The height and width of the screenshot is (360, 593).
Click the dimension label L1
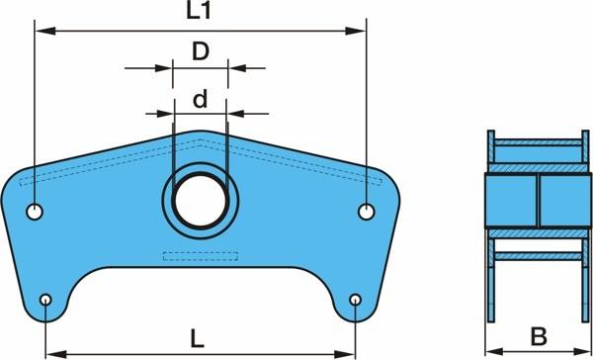[199, 11]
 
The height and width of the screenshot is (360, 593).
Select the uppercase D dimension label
[201, 51]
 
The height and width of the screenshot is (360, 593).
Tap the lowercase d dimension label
[200, 99]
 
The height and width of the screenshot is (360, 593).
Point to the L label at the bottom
[197, 340]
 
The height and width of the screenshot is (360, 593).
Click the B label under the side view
[539, 336]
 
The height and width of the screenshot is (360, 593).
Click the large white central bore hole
[201, 201]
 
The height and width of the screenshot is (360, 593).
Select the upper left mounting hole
[35, 212]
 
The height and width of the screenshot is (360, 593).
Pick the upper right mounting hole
[366, 212]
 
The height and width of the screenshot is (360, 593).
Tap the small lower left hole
[45, 300]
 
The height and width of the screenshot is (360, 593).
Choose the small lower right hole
[355, 300]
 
